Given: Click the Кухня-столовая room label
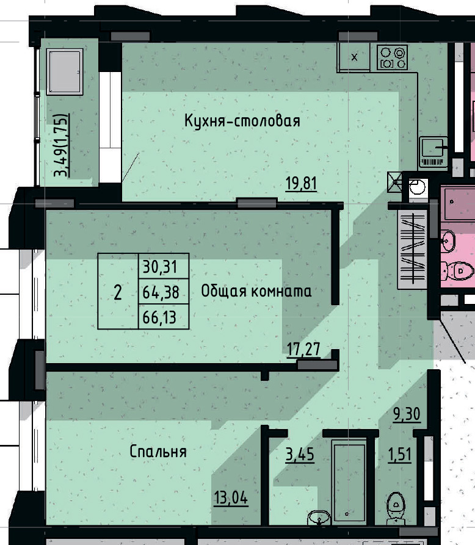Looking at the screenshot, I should (242, 121).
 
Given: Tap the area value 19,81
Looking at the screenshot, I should (302, 182).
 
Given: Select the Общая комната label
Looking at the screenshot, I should (256, 291).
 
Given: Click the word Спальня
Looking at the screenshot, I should (158, 452).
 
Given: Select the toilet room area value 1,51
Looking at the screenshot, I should (401, 455).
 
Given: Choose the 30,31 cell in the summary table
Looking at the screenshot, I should (162, 267).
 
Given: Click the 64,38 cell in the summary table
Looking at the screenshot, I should (162, 292).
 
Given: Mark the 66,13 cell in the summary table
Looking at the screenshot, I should (162, 317).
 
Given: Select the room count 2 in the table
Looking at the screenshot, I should (118, 292).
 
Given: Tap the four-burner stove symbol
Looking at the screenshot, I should (392, 57).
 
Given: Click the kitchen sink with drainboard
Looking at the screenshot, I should (434, 151).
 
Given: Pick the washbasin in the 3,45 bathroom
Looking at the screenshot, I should (317, 518).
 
